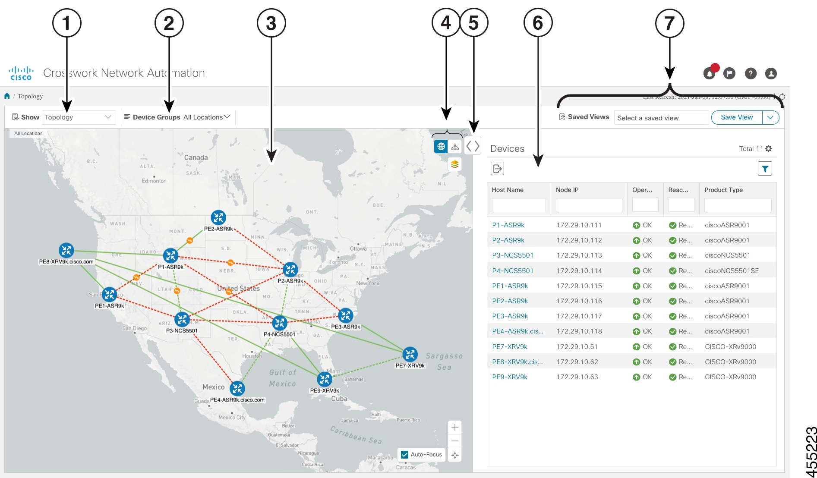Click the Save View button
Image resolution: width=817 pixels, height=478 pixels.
tap(736, 117)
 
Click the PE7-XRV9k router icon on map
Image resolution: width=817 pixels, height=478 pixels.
tap(410, 355)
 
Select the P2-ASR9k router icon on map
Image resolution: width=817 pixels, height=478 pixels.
tap(290, 270)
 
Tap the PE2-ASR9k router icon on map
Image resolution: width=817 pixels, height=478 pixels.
tap(218, 218)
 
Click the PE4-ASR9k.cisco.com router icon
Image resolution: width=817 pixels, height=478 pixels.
tap(237, 389)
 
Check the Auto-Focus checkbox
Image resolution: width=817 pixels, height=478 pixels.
tap(405, 455)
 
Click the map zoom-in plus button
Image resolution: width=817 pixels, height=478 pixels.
tap(455, 428)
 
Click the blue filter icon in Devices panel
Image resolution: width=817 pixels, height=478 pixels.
tap(765, 169)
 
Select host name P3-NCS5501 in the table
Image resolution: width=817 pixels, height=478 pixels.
tap(513, 255)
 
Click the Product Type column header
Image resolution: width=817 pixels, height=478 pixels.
tap(724, 190)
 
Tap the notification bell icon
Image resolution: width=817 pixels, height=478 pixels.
tap(709, 74)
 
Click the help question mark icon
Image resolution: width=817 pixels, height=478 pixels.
tap(751, 74)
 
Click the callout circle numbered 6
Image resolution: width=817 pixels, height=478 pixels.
tap(538, 23)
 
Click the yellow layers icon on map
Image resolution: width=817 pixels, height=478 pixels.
tap(454, 164)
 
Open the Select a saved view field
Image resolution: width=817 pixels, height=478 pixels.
tap(661, 118)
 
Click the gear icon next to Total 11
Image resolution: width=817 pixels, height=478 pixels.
tap(769, 149)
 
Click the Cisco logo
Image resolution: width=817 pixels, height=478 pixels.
tap(21, 73)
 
